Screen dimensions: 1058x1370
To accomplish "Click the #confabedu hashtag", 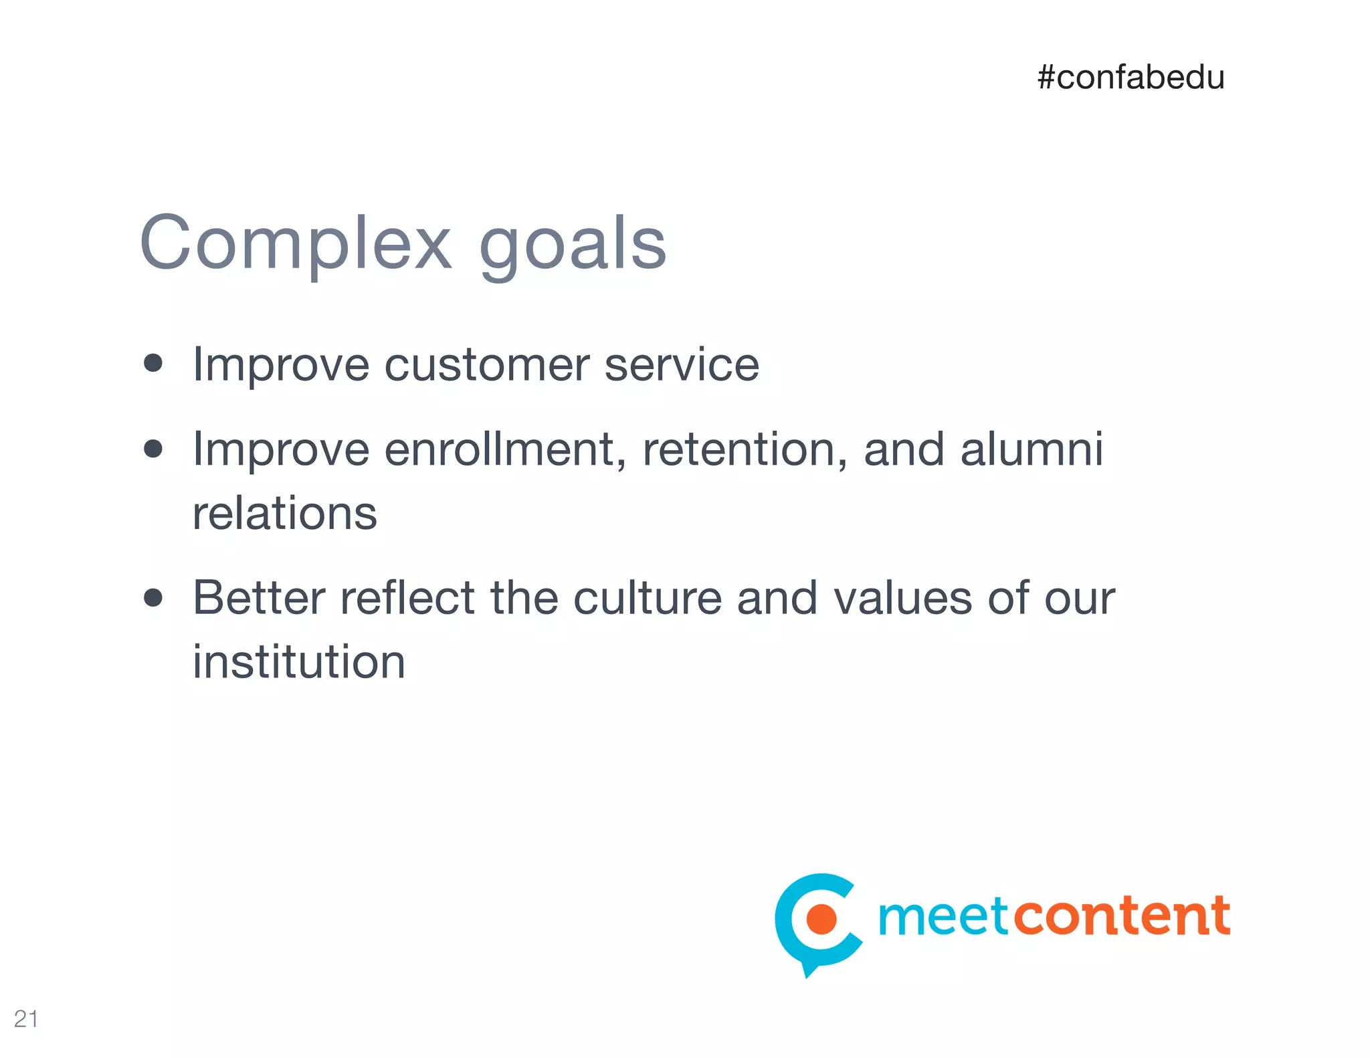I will (1131, 78).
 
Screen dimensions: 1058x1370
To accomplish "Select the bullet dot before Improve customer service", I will (153, 363).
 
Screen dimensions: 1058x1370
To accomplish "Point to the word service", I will (682, 365).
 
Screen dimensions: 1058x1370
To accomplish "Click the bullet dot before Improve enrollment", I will (153, 448).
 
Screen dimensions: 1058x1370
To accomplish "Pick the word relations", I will (285, 514).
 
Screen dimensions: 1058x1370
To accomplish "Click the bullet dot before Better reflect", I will (153, 597).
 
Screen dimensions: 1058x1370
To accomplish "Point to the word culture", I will (647, 598).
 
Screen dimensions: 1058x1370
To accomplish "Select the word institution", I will (299, 662).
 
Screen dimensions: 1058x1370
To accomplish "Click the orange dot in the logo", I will (821, 918).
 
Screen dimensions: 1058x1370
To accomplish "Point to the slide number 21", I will (26, 1019).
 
